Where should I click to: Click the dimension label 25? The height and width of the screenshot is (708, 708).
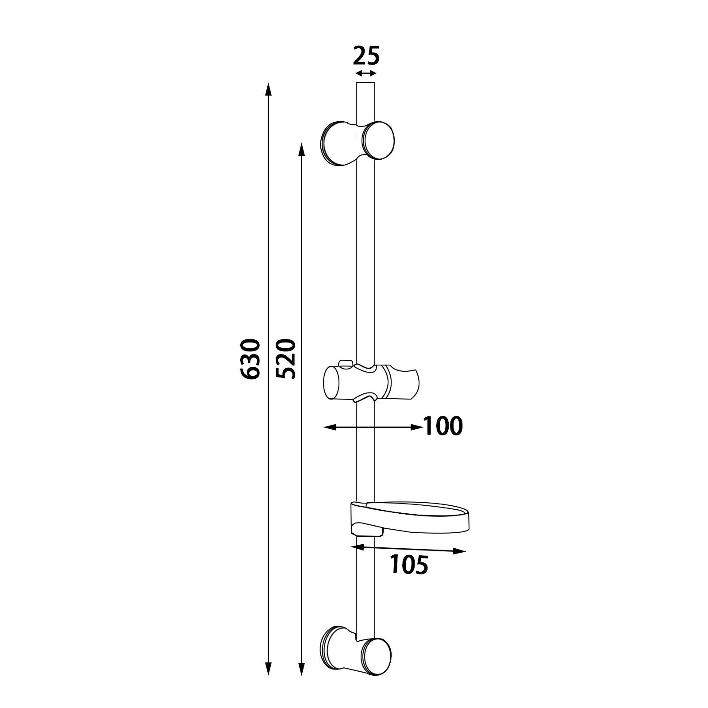(366, 56)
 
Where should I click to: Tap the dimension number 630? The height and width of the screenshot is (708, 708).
(250, 358)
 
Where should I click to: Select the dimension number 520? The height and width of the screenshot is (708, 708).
(285, 358)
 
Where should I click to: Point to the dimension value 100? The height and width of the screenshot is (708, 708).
(443, 426)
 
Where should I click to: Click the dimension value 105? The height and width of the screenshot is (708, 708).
(409, 565)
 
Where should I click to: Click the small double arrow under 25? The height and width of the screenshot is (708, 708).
(366, 73)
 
